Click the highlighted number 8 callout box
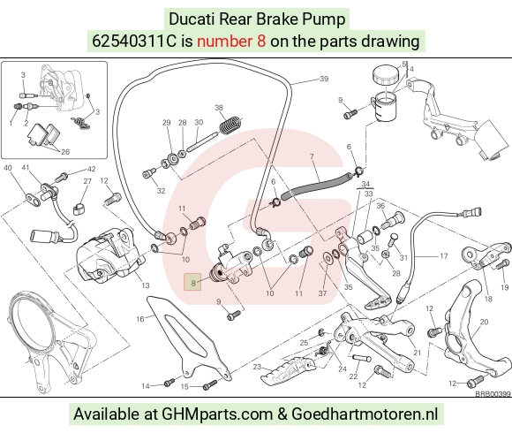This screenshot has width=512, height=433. point(192,282)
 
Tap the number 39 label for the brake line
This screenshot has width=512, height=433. point(324,79)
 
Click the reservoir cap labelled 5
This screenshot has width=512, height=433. point(386,75)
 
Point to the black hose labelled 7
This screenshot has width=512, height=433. point(316,185)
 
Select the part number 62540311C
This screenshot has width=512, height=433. point(134,42)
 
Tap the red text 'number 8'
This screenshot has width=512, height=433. point(231,42)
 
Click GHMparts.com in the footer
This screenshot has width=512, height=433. point(218,414)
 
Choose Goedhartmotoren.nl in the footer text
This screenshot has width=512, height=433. point(365,414)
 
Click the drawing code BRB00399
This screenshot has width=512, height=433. point(493,394)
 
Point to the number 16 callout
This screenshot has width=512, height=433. point(139,319)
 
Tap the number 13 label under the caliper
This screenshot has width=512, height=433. point(146,285)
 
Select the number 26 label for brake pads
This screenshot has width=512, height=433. point(65,152)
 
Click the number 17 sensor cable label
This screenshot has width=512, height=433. point(443,256)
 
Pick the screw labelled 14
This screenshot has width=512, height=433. point(169,383)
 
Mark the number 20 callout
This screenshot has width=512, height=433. point(484,322)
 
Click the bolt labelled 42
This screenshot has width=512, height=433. point(61,178)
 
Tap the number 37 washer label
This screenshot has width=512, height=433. point(322,293)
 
